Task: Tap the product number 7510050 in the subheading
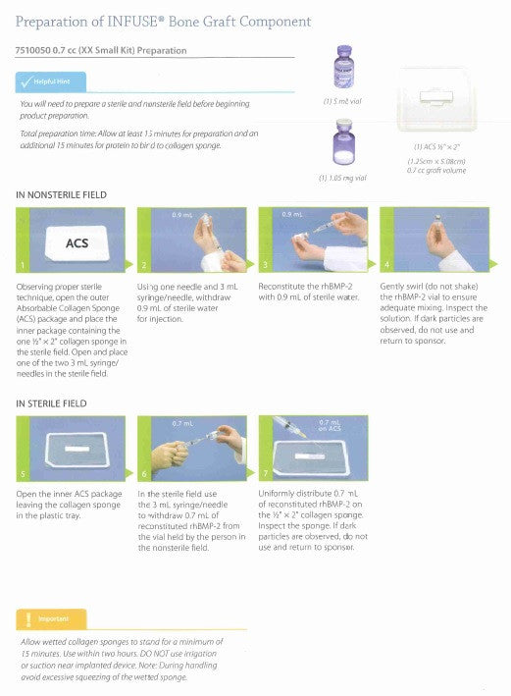point(36,50)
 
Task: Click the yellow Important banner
point(51,619)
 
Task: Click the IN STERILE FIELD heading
point(52,403)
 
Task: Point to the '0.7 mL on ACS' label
point(331,426)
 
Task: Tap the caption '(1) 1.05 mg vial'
point(343,178)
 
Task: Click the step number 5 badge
point(25,474)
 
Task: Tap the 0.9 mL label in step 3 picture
point(291,214)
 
